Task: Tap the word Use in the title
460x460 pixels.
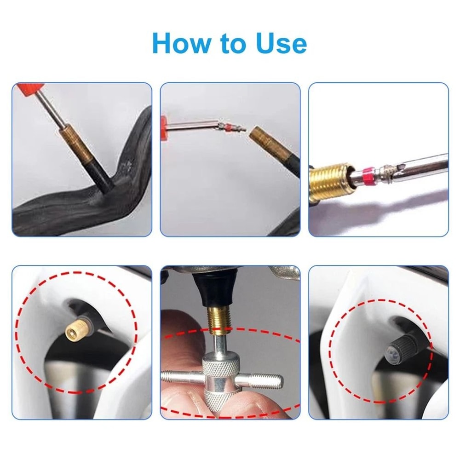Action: [281, 43]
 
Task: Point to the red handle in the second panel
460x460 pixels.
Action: [164, 127]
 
